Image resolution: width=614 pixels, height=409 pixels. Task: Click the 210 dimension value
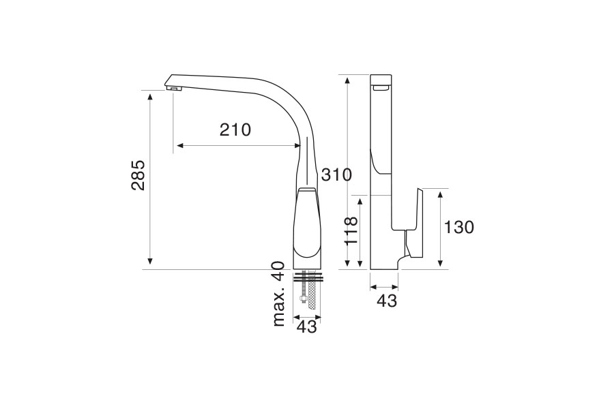pyautogui.click(x=235, y=130)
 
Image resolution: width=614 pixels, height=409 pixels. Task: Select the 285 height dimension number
pyautogui.click(x=138, y=175)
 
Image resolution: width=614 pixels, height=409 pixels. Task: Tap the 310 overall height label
pyautogui.click(x=337, y=175)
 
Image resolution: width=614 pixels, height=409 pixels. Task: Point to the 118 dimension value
pyautogui.click(x=351, y=230)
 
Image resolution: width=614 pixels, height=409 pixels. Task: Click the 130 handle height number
pyautogui.click(x=458, y=227)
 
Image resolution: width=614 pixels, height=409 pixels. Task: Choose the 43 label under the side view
pyautogui.click(x=387, y=301)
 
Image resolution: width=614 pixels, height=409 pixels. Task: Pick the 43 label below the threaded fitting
pyautogui.click(x=306, y=327)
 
